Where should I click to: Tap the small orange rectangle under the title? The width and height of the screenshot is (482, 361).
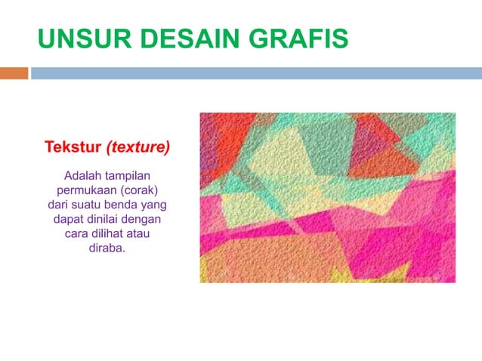[14, 73]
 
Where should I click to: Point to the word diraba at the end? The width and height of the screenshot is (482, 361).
[107, 248]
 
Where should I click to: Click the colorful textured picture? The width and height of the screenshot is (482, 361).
[327, 197]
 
